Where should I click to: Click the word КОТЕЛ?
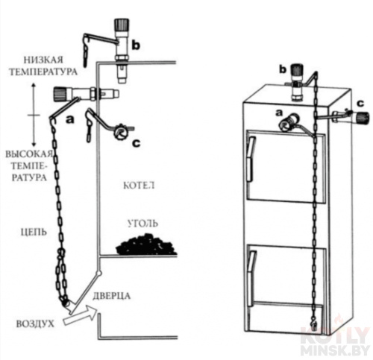139,186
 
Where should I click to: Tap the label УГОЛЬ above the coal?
142,224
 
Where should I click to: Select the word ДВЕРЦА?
112,296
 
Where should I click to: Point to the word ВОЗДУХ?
35,324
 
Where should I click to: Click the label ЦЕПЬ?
34,233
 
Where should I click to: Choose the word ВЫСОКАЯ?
29,154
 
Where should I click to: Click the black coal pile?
146,244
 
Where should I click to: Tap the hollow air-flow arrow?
81,315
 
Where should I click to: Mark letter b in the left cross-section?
136,45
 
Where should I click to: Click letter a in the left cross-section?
69,120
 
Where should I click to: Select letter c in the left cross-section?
137,143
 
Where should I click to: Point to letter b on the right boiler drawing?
283,69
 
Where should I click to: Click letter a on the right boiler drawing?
279,113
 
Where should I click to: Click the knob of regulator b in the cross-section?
121,25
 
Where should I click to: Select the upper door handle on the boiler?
251,159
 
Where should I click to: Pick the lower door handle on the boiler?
251,267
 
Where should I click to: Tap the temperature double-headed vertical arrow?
34,115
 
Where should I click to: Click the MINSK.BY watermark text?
335,350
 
